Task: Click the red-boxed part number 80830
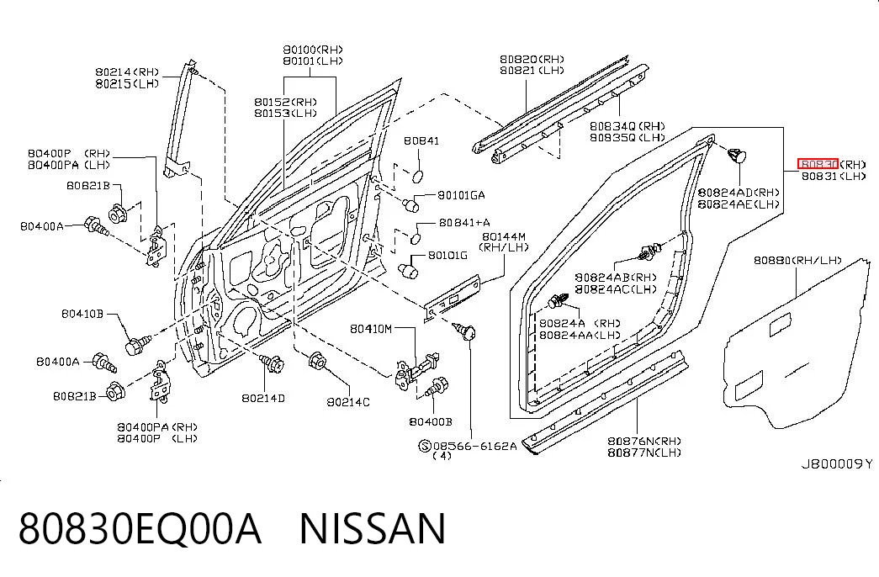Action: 818,164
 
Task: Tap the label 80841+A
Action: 464,223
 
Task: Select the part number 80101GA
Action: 461,195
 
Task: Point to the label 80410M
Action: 371,329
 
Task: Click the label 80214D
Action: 263,398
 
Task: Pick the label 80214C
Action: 348,401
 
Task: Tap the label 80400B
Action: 430,421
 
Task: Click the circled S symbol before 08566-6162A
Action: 425,447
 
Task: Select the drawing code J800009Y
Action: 836,463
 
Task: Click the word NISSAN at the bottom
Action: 373,529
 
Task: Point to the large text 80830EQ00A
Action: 140,529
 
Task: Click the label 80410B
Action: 82,314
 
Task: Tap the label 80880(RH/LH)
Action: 797,260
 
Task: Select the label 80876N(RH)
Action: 644,441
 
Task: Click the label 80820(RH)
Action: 532,59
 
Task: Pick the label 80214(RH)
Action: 127,71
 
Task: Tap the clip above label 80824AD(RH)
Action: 737,155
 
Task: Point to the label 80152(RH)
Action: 285,102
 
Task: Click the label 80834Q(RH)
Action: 627,126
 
